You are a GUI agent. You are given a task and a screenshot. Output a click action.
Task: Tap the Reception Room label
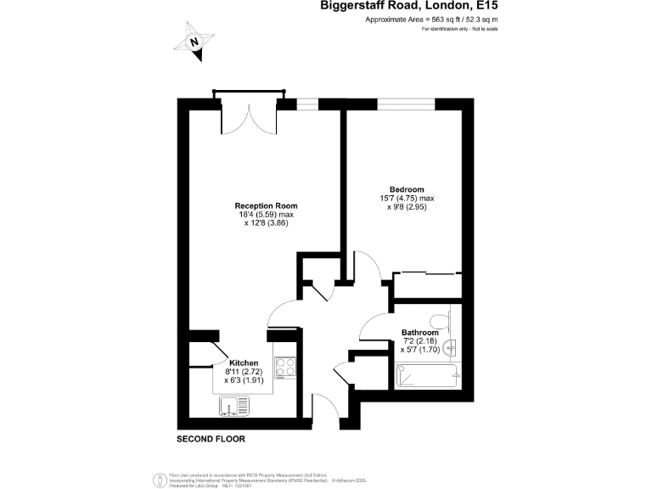pyautogui.click(x=266, y=205)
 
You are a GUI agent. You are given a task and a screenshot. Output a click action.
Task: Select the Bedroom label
pyautogui.click(x=406, y=188)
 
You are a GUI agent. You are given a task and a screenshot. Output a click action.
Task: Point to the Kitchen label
pyautogui.click(x=242, y=363)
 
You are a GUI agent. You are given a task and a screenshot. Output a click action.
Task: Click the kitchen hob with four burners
pyautogui.click(x=284, y=368)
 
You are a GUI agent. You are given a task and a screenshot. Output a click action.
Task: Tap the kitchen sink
pyautogui.click(x=232, y=408)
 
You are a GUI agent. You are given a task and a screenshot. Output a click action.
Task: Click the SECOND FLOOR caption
pyautogui.click(x=211, y=440)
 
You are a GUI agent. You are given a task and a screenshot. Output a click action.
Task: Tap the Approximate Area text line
pyautogui.click(x=430, y=20)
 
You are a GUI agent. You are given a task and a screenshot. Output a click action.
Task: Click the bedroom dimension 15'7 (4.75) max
pyautogui.click(x=407, y=199)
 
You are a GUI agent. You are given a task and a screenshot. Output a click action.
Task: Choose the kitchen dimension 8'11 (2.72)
pyautogui.click(x=242, y=372)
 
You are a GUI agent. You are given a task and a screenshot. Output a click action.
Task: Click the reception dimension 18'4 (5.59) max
pyautogui.click(x=266, y=215)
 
